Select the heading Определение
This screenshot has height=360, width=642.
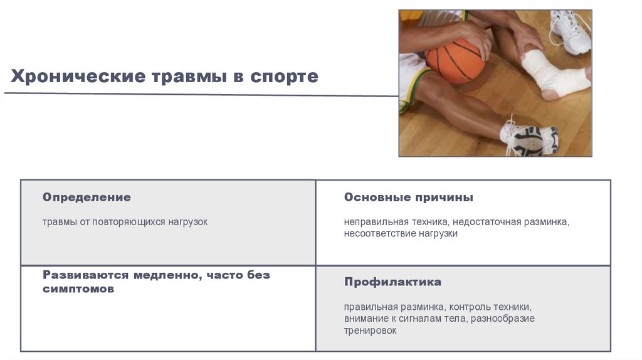(87, 197)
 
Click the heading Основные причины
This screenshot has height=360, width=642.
(408, 197)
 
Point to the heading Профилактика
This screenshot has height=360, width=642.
(392, 282)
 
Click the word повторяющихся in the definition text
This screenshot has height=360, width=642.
(129, 222)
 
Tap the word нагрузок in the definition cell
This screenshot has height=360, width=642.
(187, 222)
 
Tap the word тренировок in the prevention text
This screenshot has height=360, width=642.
(370, 330)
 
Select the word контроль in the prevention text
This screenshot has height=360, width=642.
(470, 307)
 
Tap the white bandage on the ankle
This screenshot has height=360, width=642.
(552, 75)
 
